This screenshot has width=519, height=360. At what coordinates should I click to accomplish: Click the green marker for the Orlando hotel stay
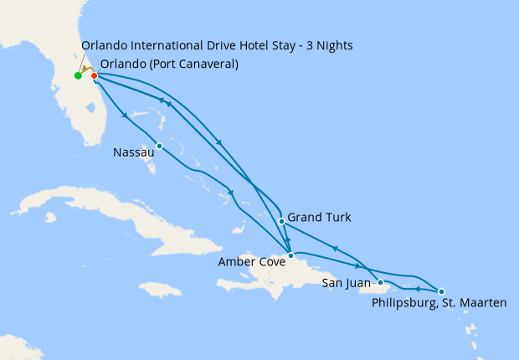pyautogui.click(x=78, y=76)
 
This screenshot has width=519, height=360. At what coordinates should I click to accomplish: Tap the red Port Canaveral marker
pyautogui.click(x=95, y=75)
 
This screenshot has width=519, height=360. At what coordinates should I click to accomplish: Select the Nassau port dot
pyautogui.click(x=159, y=147)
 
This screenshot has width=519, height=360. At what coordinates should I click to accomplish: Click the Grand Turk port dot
pyautogui.click(x=281, y=222)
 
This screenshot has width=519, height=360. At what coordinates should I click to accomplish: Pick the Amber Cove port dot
pyautogui.click(x=290, y=255)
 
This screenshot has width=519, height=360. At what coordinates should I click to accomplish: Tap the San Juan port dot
pyautogui.click(x=381, y=282)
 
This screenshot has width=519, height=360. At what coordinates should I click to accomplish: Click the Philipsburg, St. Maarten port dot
pyautogui.click(x=441, y=290)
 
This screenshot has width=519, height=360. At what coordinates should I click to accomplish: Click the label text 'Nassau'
pyautogui.click(x=133, y=153)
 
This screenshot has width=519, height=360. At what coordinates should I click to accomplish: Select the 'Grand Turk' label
pyautogui.click(x=319, y=218)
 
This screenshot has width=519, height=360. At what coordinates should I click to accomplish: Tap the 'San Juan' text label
pyautogui.click(x=346, y=284)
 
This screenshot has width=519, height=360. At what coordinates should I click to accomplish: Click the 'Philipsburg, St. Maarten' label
pyautogui.click(x=439, y=302)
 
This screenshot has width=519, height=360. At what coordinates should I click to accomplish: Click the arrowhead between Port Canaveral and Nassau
pyautogui.click(x=125, y=116)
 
